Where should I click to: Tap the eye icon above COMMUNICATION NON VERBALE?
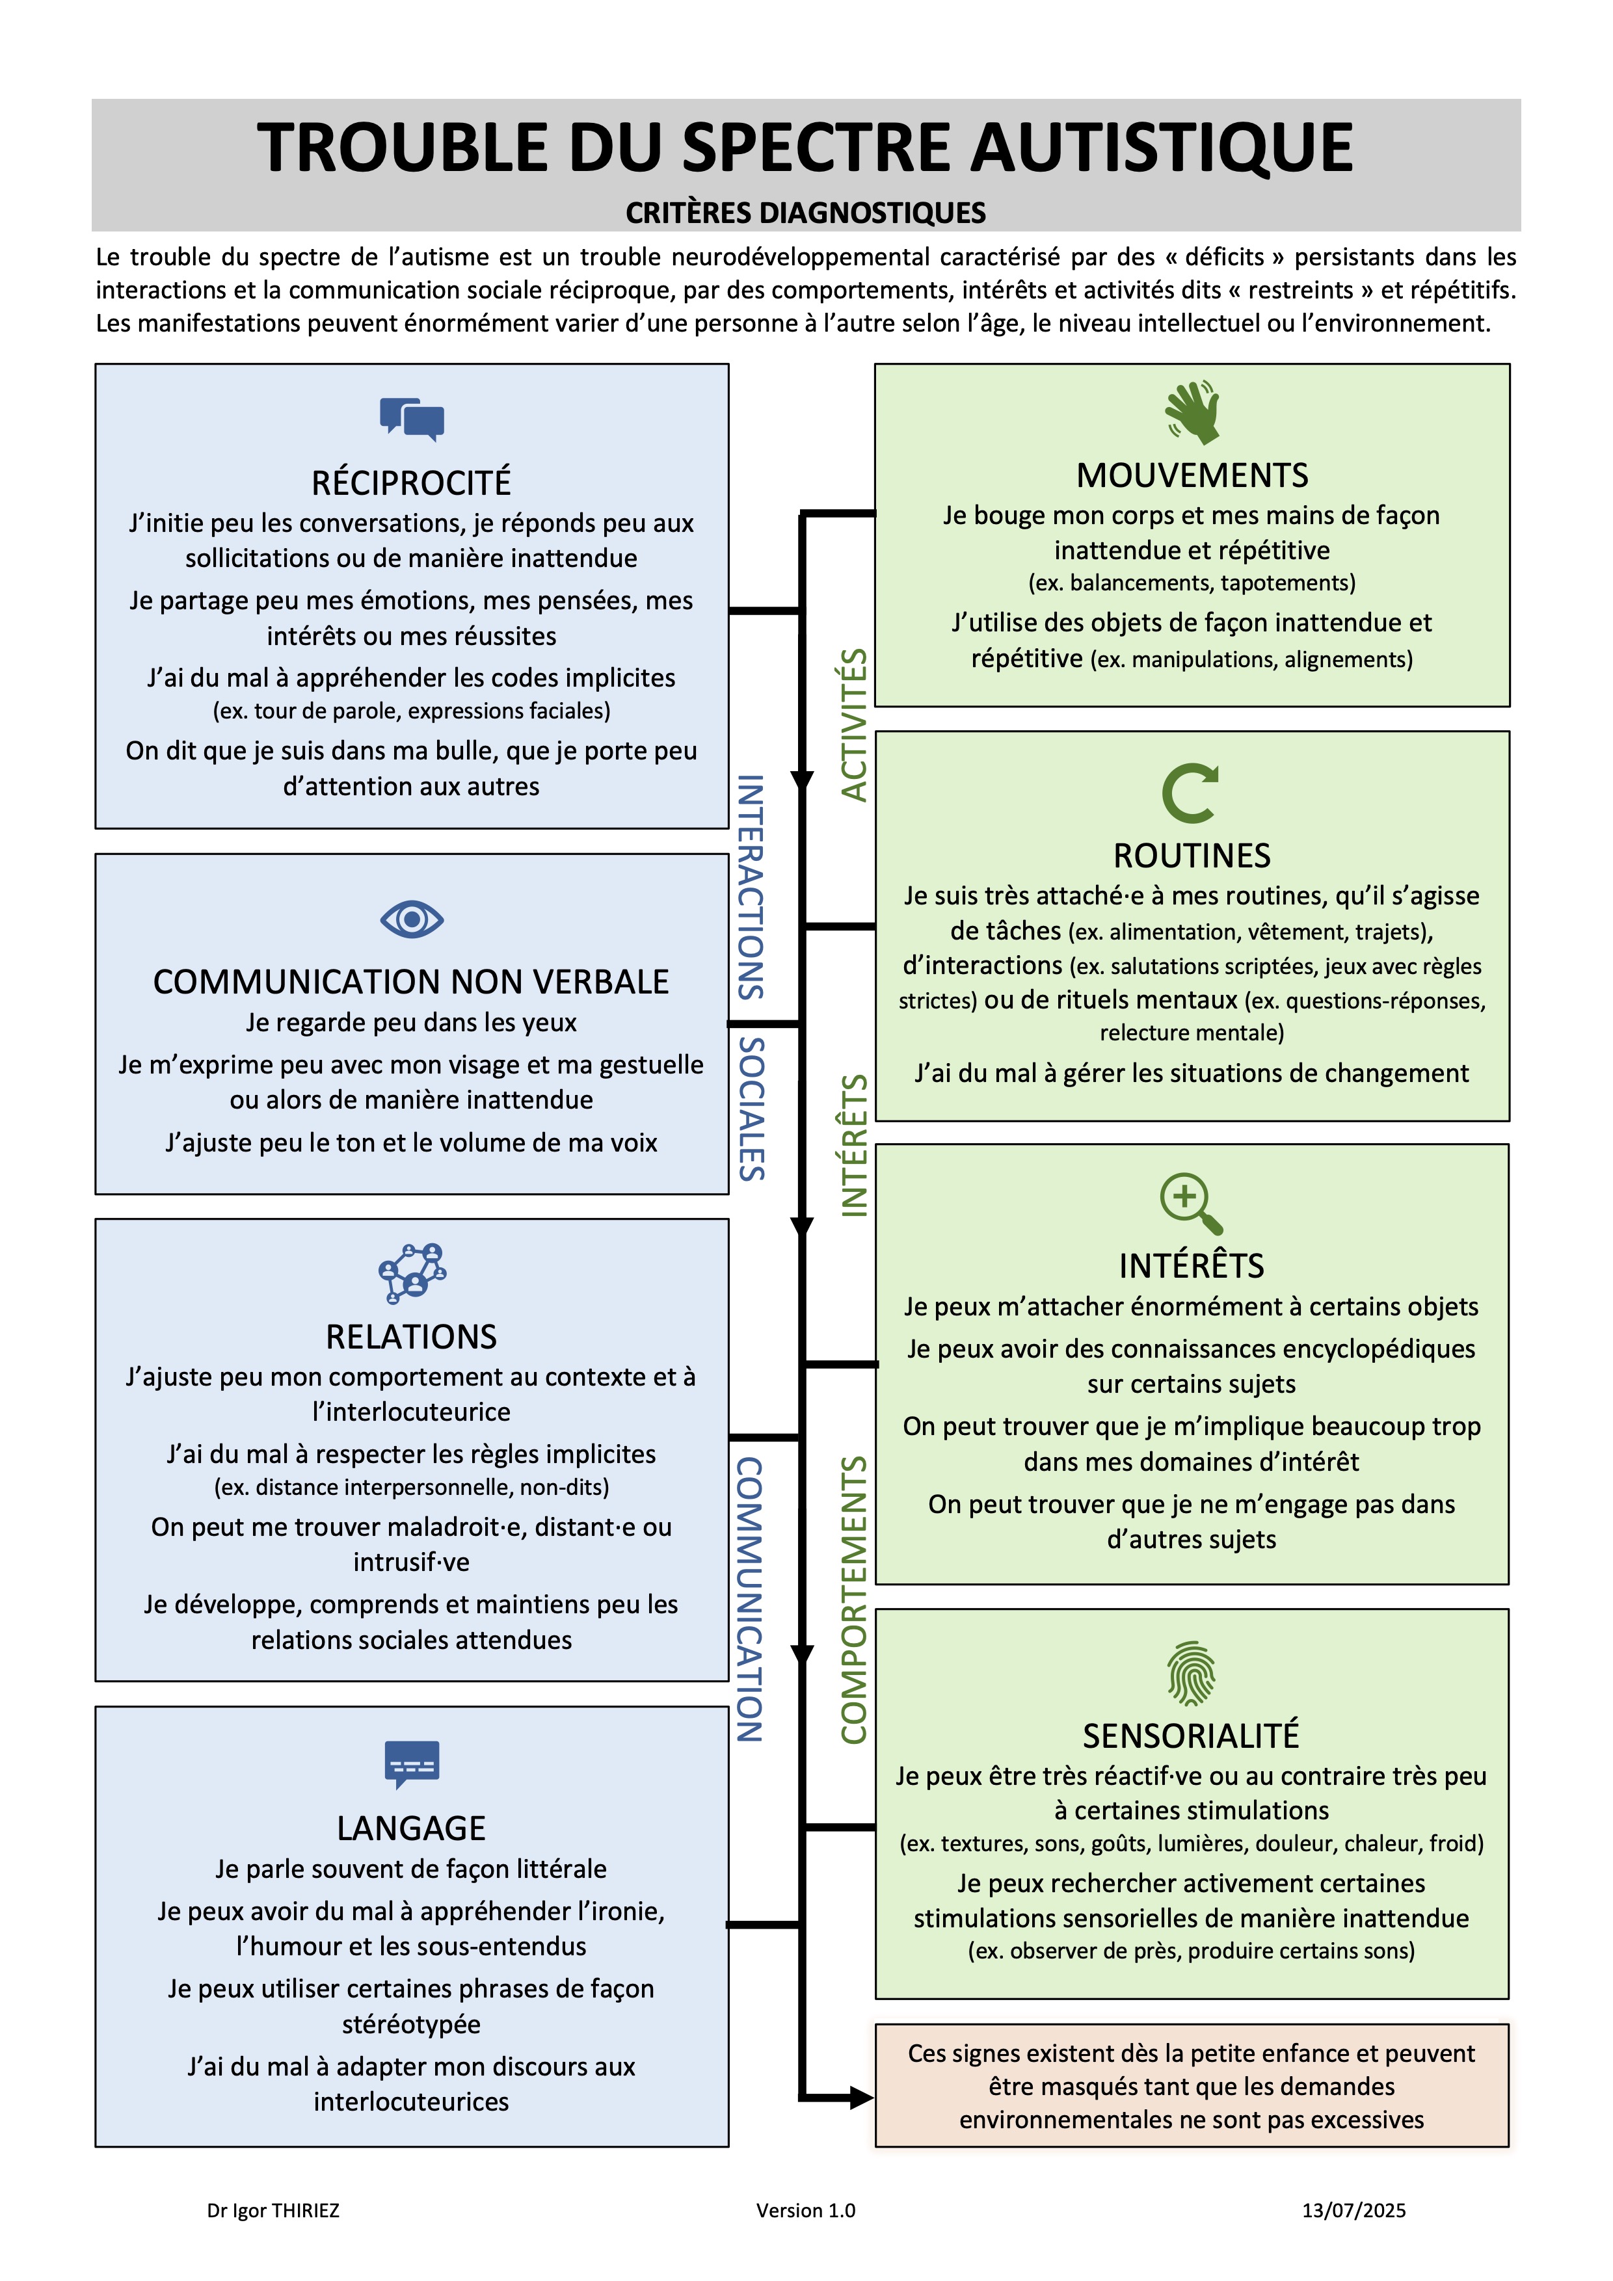pyautogui.click(x=412, y=919)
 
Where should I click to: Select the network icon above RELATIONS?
pyautogui.click(x=412, y=1272)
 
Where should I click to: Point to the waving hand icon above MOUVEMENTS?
pyautogui.click(x=1192, y=412)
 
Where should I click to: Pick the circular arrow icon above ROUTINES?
pyautogui.click(x=1190, y=793)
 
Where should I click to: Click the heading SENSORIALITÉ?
pyautogui.click(x=1191, y=1735)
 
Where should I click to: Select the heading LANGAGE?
pyautogui.click(x=412, y=1828)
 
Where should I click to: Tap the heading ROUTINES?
pyautogui.click(x=1192, y=856)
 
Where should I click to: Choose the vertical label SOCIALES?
pyautogui.click(x=751, y=1109)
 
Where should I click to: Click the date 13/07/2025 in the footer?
pyautogui.click(x=1353, y=2211)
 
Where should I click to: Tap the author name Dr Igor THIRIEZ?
pyautogui.click(x=273, y=2211)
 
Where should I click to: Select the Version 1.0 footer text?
pyautogui.click(x=806, y=2211)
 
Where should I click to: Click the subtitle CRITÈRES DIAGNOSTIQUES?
pyautogui.click(x=806, y=213)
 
